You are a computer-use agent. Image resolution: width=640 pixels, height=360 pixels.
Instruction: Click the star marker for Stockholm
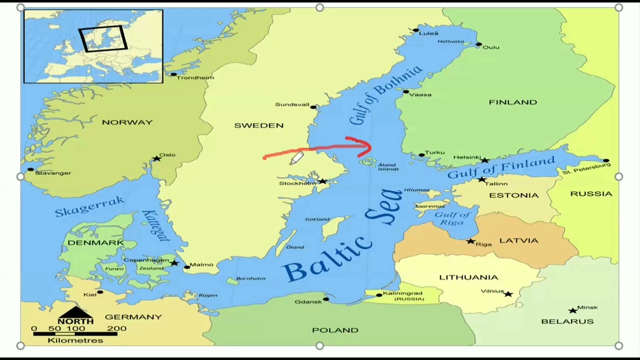coord(322,181)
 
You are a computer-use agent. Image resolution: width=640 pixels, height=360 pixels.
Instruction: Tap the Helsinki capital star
coord(484,160)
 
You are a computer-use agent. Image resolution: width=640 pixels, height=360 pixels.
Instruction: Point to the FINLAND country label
coord(512,102)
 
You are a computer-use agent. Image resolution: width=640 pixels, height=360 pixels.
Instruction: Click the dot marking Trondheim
coord(173,74)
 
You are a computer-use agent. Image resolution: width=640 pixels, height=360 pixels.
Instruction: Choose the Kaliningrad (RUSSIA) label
coord(402,295)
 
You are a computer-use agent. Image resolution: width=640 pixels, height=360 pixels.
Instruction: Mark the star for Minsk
coord(572,310)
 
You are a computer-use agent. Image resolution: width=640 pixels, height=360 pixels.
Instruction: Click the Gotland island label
coord(317,219)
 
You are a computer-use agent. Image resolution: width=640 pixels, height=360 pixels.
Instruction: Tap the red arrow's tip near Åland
coord(370,147)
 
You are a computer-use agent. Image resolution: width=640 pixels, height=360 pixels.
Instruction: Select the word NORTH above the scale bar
coord(75,321)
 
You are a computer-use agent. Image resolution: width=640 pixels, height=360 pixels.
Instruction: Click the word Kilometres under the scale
coord(75,340)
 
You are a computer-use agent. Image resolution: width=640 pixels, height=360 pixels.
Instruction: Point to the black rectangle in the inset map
coord(103,39)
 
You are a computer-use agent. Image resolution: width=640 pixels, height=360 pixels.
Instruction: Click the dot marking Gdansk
coord(326,299)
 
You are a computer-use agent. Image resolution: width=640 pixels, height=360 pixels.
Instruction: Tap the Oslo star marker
coord(156,158)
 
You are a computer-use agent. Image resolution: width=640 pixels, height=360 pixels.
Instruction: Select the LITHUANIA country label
coord(468,277)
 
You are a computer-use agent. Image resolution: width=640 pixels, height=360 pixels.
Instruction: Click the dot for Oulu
coord(478,45)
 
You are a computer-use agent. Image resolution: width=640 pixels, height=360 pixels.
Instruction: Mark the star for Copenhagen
coord(174,262)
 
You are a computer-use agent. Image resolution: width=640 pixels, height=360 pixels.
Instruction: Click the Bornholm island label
coord(250,278)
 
